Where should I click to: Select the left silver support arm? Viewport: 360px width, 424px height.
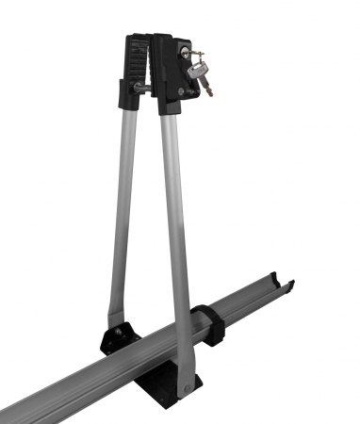pyautogui.click(x=123, y=207)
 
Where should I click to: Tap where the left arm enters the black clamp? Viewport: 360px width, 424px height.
pyautogui.click(x=130, y=106)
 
